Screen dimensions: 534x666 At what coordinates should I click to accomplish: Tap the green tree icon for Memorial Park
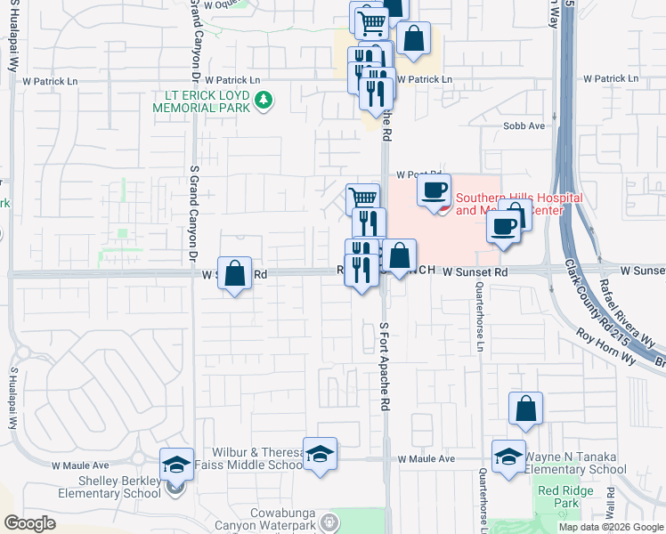click(263, 101)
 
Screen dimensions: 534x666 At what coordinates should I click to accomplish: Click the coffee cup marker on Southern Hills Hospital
click(433, 190)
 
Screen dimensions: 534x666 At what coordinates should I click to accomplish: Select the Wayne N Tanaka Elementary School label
click(575, 463)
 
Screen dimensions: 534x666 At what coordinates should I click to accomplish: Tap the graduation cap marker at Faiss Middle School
click(320, 454)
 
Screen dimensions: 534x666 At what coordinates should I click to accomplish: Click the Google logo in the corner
click(29, 523)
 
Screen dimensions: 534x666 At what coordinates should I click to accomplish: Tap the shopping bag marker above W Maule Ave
click(526, 409)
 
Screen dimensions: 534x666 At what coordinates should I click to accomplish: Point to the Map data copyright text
click(611, 527)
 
